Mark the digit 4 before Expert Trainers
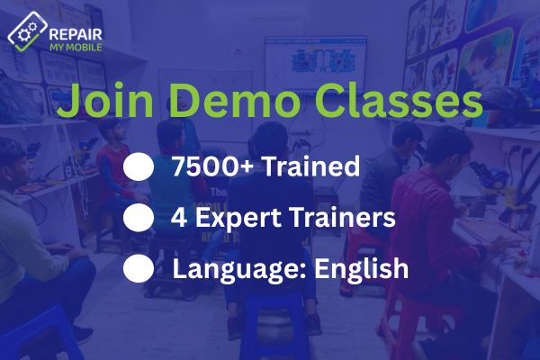[176, 218]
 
